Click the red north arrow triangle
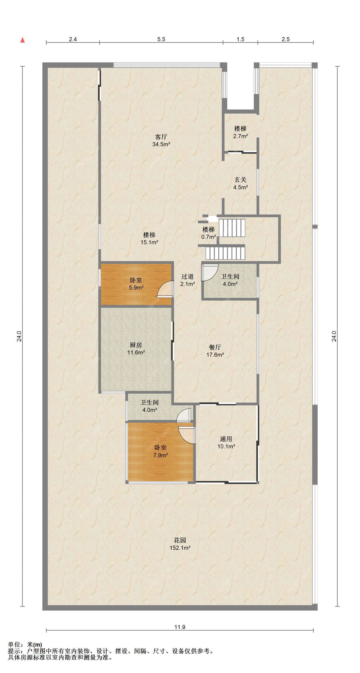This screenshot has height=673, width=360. [x=23, y=40]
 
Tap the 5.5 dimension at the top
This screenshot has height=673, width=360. [x=161, y=39]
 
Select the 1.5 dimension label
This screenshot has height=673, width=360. [x=240, y=39]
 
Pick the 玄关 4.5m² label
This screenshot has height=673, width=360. [x=241, y=183]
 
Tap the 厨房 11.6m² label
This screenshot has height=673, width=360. [x=136, y=349]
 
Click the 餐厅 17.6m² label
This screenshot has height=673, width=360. [x=215, y=351]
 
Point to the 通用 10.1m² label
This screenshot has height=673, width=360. [x=226, y=443]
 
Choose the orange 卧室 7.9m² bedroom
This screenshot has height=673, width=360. [x=161, y=452]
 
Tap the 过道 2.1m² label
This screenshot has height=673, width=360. [x=188, y=280]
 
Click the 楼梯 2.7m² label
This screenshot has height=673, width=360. [x=241, y=132]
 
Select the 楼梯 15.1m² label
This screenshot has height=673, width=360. [x=149, y=239]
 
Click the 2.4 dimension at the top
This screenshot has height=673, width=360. [x=73, y=39]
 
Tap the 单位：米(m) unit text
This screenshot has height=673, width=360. [x=25, y=645]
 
